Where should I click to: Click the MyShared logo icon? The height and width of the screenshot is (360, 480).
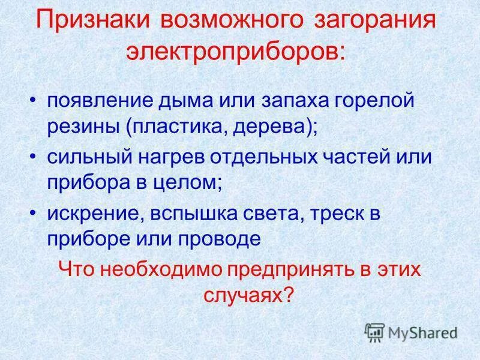(x=374, y=332)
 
